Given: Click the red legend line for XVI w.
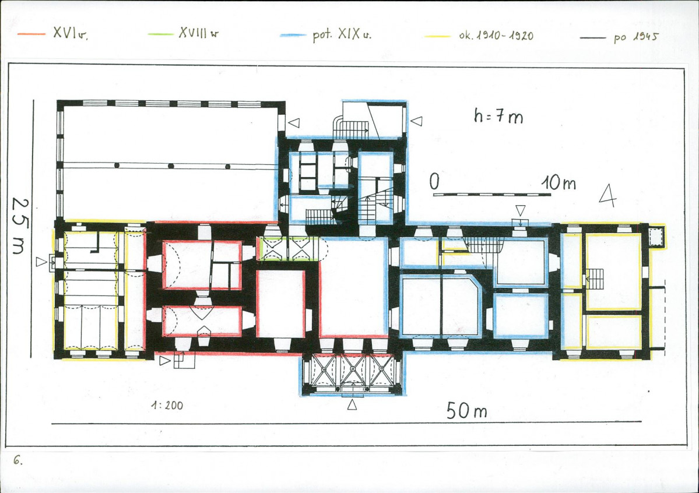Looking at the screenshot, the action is click(31, 34).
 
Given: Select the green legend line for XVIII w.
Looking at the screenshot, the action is click(160, 34).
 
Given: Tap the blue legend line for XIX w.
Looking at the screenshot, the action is click(293, 35).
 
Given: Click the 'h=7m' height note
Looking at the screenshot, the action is click(498, 116).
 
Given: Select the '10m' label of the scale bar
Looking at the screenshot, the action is click(559, 183).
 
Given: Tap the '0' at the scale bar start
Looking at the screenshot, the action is click(434, 181).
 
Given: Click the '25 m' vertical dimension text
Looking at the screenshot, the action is click(20, 226).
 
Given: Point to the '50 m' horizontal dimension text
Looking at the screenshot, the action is click(467, 410).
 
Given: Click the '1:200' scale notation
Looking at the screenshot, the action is click(167, 405).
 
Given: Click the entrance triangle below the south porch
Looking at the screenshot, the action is click(352, 404).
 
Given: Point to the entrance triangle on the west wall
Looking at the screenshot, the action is click(41, 262).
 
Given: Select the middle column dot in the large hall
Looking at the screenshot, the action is click(171, 166).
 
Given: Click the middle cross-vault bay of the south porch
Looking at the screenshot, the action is click(353, 370).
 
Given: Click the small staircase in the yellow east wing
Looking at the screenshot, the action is click(595, 279).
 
